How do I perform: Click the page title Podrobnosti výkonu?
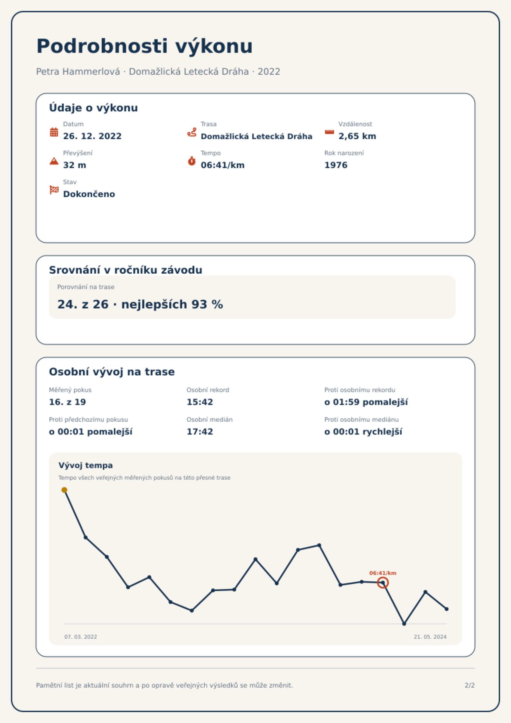[x=144, y=46]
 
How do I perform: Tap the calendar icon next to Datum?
[x=54, y=132]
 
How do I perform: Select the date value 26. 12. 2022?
[x=92, y=136]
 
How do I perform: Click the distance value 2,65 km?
[x=357, y=136]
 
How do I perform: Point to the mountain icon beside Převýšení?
[x=54, y=161]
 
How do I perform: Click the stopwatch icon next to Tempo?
[x=192, y=161]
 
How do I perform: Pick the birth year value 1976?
[x=336, y=165]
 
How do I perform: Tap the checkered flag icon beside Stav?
[x=54, y=190]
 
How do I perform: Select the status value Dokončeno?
[x=89, y=194]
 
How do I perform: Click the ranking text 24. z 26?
[x=83, y=304]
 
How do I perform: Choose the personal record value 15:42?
[x=200, y=402]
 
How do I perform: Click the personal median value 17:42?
[x=200, y=432]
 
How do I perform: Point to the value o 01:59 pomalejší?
[x=366, y=402]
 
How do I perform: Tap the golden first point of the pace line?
[x=64, y=490]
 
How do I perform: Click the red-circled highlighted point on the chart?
[x=383, y=583]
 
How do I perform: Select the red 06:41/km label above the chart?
[x=383, y=573]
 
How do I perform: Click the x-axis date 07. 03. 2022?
[x=81, y=637]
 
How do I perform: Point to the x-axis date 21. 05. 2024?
[x=430, y=637]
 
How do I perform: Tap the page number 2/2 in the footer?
[x=469, y=685]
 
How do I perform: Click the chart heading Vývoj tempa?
[x=86, y=465]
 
